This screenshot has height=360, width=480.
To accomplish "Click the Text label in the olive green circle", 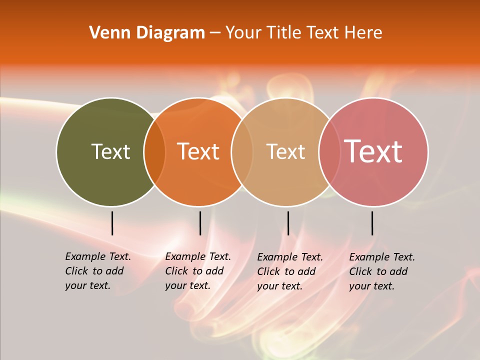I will point(110,151).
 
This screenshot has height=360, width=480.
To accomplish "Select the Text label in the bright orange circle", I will point(198,151).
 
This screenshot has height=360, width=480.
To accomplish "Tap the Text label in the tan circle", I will point(285,151).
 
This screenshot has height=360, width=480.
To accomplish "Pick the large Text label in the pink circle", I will point(373,151).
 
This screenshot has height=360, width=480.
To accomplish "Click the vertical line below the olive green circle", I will point(112,223).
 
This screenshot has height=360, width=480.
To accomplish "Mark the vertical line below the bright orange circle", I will point(200,223).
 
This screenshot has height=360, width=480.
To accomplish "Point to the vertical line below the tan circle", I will point(288,223).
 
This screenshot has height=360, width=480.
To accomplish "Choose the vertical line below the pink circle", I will point(372,223).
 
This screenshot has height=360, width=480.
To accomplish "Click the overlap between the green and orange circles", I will point(154,151).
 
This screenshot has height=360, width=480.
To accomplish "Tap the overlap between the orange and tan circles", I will point(242,151).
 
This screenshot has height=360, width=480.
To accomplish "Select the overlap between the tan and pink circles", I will point(329,151).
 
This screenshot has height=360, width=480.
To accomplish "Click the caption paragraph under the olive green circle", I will point(98,271).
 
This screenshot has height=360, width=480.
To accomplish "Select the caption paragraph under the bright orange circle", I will point(198,271).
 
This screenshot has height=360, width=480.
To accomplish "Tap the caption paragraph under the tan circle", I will point(290,271).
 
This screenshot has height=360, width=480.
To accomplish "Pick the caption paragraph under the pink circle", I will point(382,271).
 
